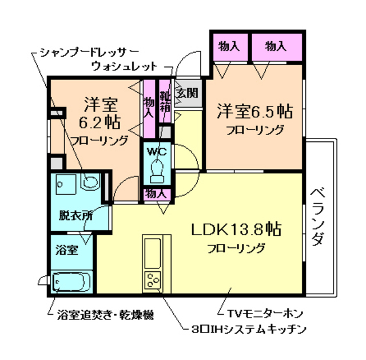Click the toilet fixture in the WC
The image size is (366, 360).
[x=157, y=169]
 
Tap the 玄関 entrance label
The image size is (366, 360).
[x=186, y=92]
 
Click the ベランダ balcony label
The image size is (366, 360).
[x=317, y=217]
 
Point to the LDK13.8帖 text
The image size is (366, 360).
[x=235, y=230]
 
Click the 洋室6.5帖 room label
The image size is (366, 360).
[x=254, y=110]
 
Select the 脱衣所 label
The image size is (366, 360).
[x=75, y=216]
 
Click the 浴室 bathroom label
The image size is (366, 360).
[x=66, y=250]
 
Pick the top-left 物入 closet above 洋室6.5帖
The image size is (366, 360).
[x=229, y=46]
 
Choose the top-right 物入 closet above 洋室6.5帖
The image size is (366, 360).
[x=277, y=46]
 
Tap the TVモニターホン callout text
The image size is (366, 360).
[x=260, y=314]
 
